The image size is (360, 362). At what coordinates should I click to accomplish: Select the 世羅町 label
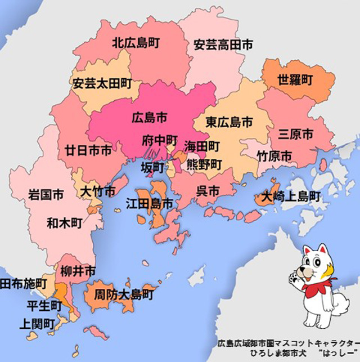click(x=295, y=79)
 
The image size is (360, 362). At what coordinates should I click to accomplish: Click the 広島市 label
click(x=149, y=118)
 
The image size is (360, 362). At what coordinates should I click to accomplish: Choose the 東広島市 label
click(x=228, y=122)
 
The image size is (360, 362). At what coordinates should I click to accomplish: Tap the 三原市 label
click(x=296, y=135)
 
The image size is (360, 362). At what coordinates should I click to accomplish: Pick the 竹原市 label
click(x=274, y=155)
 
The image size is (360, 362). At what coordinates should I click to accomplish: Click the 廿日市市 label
click(x=87, y=150)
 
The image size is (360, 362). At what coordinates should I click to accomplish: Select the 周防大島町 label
click(x=124, y=293)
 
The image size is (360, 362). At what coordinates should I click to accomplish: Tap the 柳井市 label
click(x=77, y=270)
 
